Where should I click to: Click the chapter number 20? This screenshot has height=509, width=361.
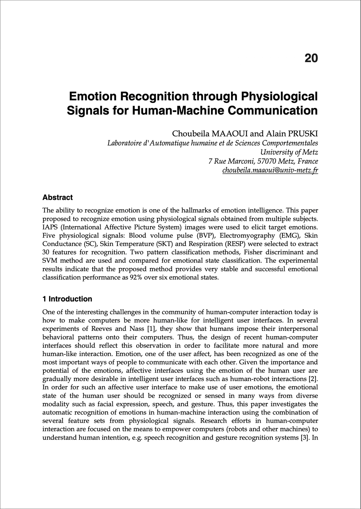click(x=311, y=58)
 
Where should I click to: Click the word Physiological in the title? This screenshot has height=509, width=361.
click(x=279, y=96)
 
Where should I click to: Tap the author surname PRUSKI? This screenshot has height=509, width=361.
click(x=303, y=134)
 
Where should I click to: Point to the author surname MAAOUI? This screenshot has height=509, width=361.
click(x=230, y=134)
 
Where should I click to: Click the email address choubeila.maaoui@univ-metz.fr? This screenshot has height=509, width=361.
click(x=270, y=170)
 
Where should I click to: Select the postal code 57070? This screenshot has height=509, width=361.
click(x=266, y=161)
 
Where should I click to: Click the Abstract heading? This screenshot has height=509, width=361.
click(x=57, y=198)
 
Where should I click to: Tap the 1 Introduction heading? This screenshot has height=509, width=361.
click(x=67, y=299)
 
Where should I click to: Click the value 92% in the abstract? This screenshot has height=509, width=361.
click(x=136, y=277)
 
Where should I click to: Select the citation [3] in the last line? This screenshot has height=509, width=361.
click(x=305, y=437)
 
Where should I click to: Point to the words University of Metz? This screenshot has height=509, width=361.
click(x=289, y=152)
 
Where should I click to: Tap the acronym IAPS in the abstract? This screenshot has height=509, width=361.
click(x=50, y=227)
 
